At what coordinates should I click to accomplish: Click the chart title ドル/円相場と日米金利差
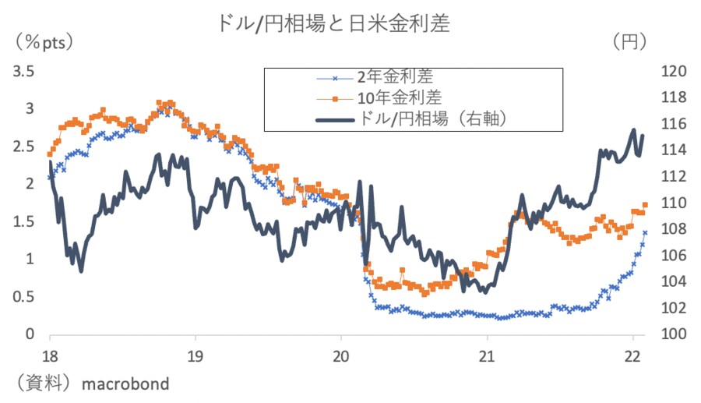pyautogui.click(x=335, y=23)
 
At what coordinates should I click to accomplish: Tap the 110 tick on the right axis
pyautogui.click(x=671, y=203)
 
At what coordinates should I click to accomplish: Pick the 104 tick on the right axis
pyautogui.click(x=671, y=282)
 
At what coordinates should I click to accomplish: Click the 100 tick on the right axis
pyautogui.click(x=671, y=334)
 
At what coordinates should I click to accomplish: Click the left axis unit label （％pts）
pyautogui.click(x=43, y=41)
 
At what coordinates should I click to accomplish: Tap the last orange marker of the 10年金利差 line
pyautogui.click(x=646, y=205)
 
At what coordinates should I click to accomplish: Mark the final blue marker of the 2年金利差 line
pyautogui.click(x=645, y=232)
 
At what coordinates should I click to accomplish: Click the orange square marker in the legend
pyautogui.click(x=336, y=99)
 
